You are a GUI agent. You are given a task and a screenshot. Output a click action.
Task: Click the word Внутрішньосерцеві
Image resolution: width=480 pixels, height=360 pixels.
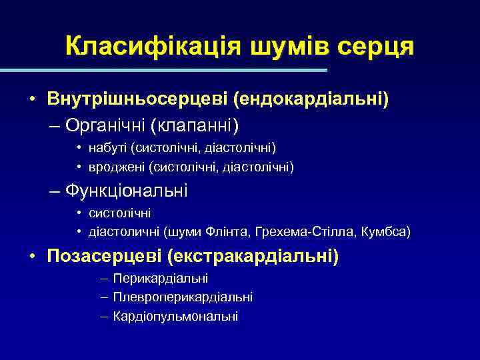(137, 100)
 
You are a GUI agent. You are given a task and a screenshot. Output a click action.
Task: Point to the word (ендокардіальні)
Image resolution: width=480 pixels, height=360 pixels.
(311, 100)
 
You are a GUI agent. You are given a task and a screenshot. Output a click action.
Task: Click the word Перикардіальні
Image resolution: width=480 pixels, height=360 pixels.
(161, 278)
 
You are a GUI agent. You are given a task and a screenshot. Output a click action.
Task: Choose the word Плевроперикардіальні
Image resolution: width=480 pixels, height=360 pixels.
(183, 297)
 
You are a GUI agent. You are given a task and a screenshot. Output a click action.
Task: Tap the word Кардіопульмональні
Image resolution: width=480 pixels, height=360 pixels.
(175, 316)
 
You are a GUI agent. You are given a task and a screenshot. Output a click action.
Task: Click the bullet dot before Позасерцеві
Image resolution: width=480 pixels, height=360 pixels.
(32, 257)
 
